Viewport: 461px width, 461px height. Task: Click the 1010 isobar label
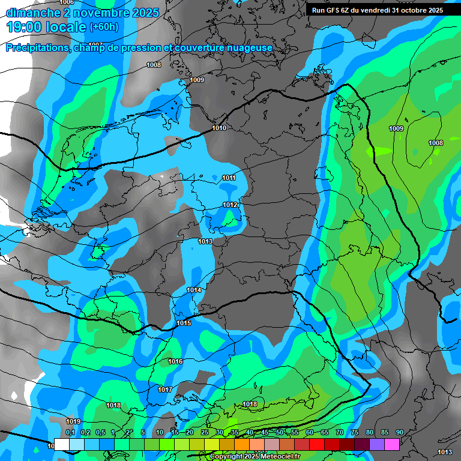(219, 128)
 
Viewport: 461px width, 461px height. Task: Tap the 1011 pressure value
(229, 178)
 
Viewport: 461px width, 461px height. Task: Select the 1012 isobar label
(230, 205)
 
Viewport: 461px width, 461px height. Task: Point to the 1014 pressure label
(194, 290)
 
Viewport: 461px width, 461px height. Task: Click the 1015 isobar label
(184, 323)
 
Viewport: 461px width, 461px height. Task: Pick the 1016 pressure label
(175, 361)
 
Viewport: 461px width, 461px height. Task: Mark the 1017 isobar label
(165, 390)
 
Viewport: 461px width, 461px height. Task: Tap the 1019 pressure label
(73, 421)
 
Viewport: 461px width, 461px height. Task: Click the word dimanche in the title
(32, 13)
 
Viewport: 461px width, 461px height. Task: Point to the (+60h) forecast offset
(104, 27)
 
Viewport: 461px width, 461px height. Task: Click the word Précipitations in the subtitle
(37, 48)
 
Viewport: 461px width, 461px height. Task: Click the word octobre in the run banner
(411, 10)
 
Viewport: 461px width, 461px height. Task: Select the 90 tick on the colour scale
(399, 432)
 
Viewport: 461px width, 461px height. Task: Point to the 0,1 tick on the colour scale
(70, 432)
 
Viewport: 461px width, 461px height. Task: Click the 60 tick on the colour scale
(310, 432)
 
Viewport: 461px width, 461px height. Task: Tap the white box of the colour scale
(62, 444)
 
